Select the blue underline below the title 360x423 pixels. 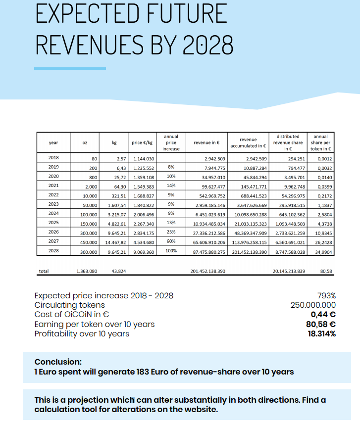click(70, 68)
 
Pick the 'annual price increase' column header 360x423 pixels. click(171, 142)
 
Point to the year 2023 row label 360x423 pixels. click(53, 204)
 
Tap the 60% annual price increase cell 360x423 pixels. click(171, 241)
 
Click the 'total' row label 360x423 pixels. click(44, 271)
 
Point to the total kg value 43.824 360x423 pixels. click(119, 271)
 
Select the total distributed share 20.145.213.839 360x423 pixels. click(289, 271)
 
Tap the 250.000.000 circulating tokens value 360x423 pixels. click(313, 305)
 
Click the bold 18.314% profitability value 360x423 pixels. click(321, 333)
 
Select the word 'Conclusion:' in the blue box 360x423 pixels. click(58, 362)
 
